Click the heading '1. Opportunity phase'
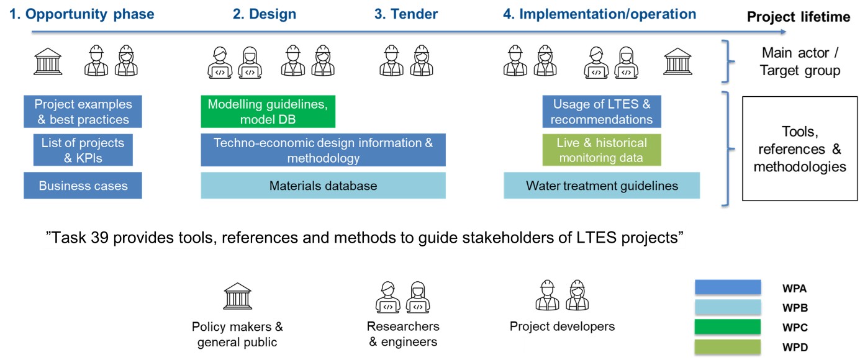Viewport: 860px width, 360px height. pos(81,14)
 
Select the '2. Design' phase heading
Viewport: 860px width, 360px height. pos(265,14)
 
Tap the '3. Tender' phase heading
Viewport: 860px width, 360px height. pos(406,14)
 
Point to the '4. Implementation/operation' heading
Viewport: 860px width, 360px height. pos(599,14)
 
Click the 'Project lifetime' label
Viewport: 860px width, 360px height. pos(798,17)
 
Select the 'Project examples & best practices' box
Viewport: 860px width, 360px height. pos(83,112)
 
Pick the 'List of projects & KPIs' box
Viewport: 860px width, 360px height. pos(83,150)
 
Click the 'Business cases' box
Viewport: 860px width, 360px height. pos(83,186)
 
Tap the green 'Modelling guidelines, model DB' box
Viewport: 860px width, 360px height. pos(268,112)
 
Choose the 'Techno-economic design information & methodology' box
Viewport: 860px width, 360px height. pos(323,150)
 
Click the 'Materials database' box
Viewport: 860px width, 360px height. pos(323,186)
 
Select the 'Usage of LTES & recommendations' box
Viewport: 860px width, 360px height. pos(601,112)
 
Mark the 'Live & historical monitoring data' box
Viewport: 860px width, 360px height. pos(601,150)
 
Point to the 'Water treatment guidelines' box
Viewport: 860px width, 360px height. pos(601,186)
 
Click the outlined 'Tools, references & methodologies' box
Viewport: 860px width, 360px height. pos(799,149)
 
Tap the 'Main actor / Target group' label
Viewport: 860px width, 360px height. pos(800,62)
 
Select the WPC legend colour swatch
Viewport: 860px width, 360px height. pos(728,327)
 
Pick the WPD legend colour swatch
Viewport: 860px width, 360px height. pos(728,346)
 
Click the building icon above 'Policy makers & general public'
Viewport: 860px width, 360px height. pos(237,297)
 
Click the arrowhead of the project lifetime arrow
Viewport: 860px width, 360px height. pos(783,32)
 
